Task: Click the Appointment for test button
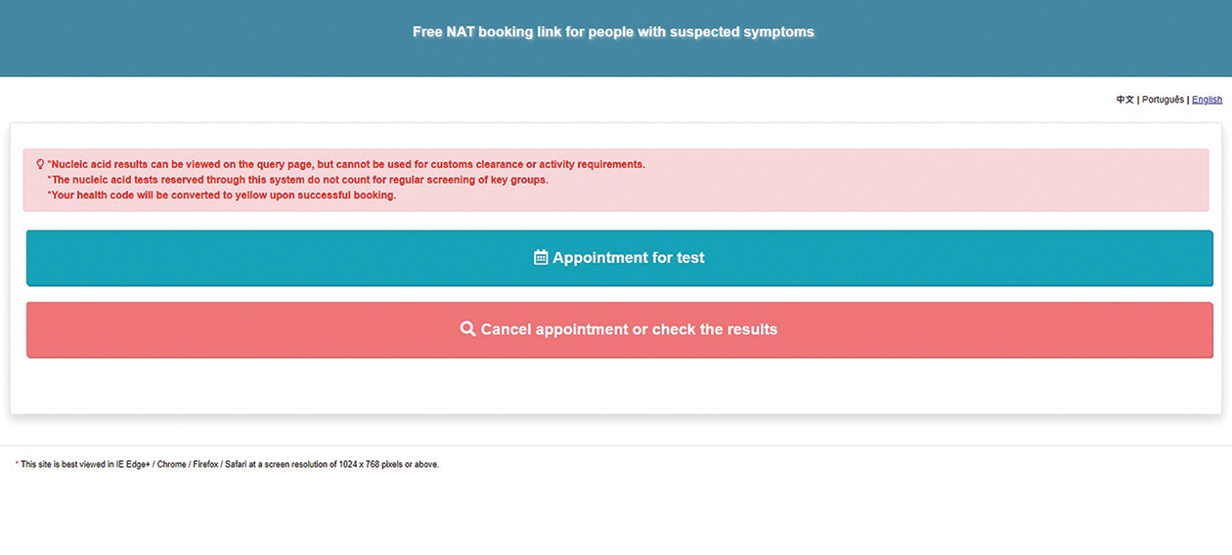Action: (x=619, y=258)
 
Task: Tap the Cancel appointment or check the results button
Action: (x=619, y=330)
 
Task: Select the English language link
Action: (x=1207, y=100)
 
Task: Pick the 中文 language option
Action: (x=1124, y=100)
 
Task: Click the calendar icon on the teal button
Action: (x=541, y=258)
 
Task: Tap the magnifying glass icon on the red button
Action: (x=467, y=329)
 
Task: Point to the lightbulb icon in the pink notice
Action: (x=40, y=164)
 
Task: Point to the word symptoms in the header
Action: (x=776, y=32)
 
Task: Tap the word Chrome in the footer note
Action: (x=172, y=465)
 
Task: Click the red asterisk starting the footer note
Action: (x=17, y=464)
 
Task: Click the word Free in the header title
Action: (x=427, y=32)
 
